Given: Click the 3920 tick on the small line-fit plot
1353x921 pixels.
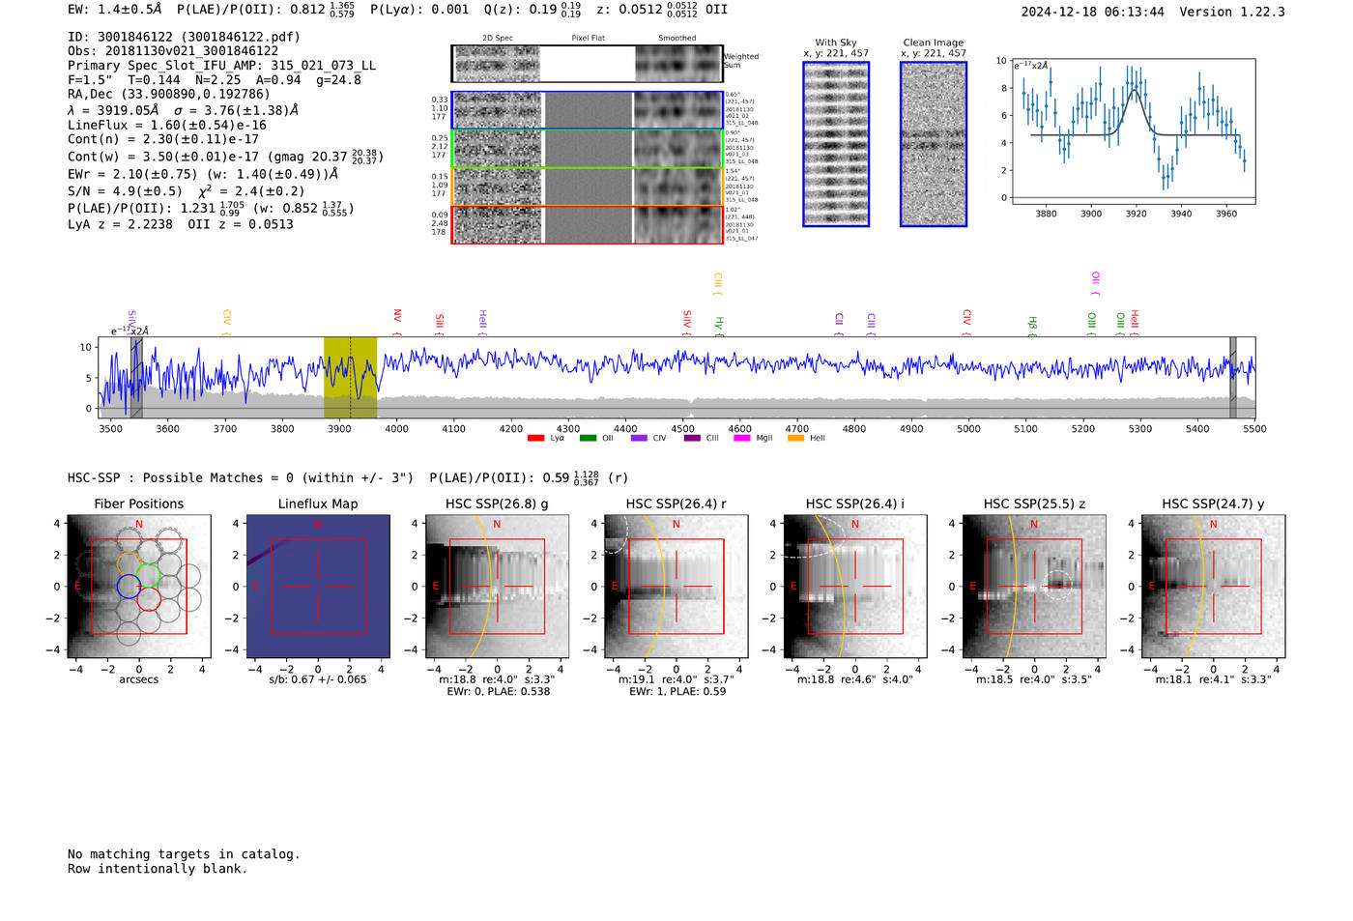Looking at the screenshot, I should [x=1136, y=214].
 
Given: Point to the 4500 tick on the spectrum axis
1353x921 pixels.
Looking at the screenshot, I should [x=682, y=429].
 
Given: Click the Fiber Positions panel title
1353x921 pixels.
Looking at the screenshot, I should [x=138, y=504].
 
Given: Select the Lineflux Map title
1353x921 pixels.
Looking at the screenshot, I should [x=317, y=504].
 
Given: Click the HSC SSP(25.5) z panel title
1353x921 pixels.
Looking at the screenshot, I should [x=1034, y=504].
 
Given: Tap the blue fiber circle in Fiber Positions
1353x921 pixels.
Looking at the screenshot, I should [x=129, y=586].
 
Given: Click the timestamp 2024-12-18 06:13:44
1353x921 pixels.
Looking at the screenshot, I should [x=1092, y=12].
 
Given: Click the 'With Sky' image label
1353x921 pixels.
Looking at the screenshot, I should [x=835, y=43].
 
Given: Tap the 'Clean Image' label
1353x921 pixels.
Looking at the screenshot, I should [x=933, y=43].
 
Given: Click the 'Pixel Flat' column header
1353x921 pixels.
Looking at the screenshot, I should [x=588, y=39].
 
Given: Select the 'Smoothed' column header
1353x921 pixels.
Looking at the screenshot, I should [x=676, y=39].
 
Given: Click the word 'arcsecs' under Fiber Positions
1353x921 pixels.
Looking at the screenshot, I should [x=138, y=679].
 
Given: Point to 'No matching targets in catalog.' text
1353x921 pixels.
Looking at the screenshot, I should [x=184, y=854].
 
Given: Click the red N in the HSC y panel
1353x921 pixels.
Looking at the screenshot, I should [x=1213, y=524].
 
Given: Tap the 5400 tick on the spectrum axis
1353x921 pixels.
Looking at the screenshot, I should [x=1197, y=429].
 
